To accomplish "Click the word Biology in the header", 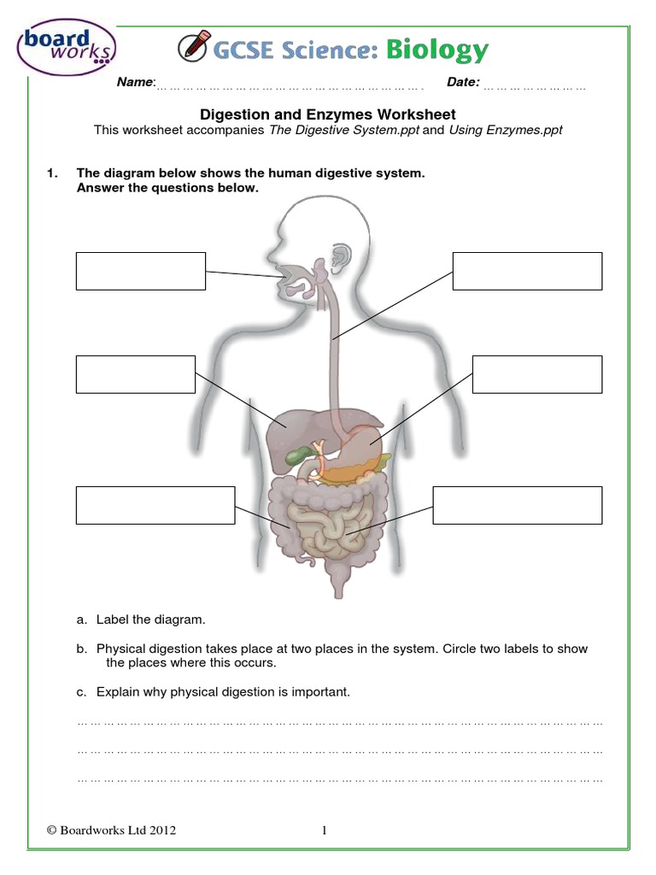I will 436,50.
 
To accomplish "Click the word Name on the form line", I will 135,82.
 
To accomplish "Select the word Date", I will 463,82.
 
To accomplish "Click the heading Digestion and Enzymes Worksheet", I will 328,114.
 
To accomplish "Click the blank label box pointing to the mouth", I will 141,271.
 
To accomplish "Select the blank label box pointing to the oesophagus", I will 527,271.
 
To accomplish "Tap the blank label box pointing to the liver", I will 135,374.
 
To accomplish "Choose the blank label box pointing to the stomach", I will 536,374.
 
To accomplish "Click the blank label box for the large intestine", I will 155,504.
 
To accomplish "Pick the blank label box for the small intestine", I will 517,504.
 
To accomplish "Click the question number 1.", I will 52,173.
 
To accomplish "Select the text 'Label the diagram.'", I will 151,619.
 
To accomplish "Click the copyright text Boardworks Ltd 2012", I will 112,830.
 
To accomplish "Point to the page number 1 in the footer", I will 325,830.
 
